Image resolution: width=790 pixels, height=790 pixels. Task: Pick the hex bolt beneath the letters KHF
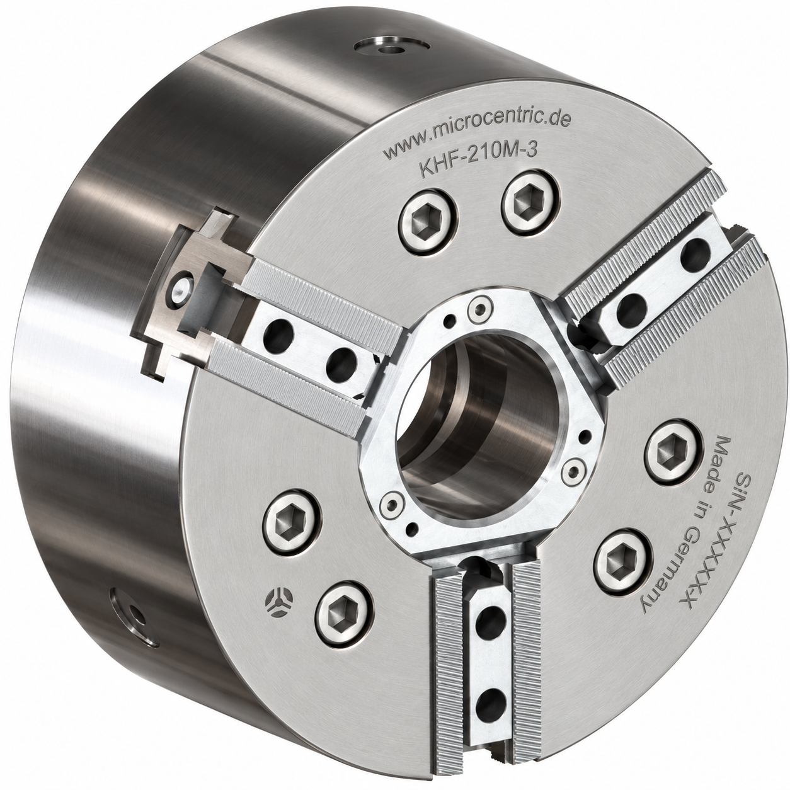pos(428,224)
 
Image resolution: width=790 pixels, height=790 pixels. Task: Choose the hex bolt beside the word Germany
pos(622,562)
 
